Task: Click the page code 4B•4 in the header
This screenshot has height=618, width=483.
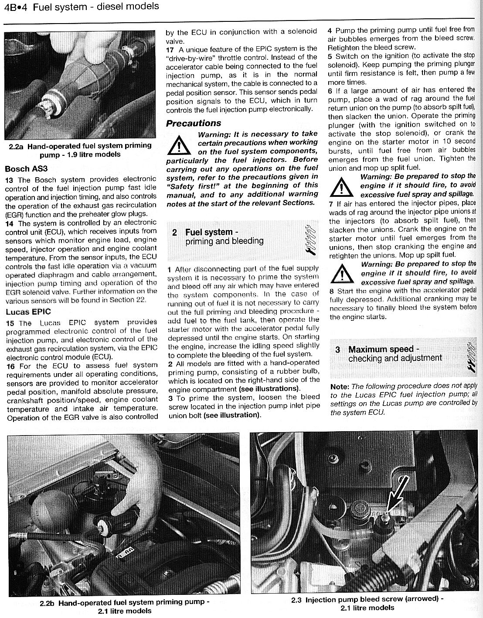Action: point(16,7)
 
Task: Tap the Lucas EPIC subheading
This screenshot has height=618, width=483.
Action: point(28,312)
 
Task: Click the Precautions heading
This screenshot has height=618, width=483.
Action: point(193,123)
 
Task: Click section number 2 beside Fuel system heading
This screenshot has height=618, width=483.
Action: point(174,233)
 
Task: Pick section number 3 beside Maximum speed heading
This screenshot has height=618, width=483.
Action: point(338,350)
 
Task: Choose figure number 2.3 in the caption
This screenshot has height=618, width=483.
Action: point(296,600)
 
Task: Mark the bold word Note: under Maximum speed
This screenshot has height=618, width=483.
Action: point(340,387)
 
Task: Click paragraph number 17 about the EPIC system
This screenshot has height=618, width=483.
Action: point(170,48)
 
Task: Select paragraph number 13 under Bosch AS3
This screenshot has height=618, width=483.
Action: point(11,179)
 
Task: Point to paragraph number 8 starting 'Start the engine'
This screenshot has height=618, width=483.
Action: point(332,291)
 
